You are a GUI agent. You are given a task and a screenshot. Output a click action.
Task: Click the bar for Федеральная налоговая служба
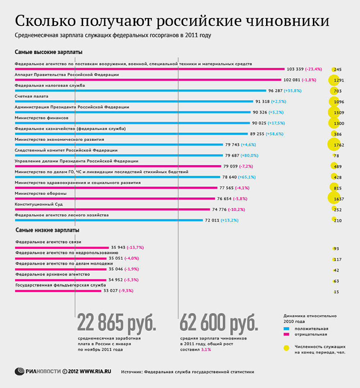point(140,91)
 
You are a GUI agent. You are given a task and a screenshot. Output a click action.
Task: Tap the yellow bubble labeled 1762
point(334,144)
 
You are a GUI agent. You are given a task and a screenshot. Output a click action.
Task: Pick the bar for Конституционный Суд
point(112,209)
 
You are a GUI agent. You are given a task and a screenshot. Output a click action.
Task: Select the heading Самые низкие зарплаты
point(48,230)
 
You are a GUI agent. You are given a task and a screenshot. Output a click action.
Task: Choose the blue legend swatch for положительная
point(287,329)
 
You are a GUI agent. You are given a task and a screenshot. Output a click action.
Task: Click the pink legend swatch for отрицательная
point(287,334)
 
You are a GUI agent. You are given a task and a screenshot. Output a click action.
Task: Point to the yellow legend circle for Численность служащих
point(287,348)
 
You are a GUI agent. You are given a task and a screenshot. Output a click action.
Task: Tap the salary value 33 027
point(111,290)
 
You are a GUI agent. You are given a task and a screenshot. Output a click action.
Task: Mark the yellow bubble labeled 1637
point(334,198)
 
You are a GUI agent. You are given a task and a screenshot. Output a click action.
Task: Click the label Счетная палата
point(31,96)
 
